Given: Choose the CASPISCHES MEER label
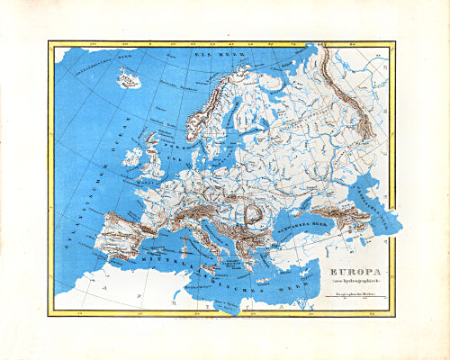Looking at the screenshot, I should coord(375,204).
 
